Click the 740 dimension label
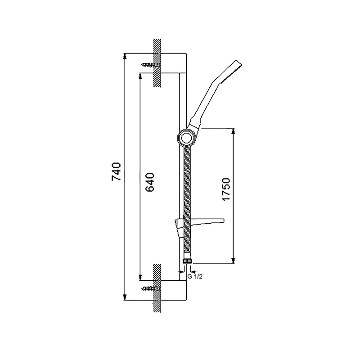pyautogui.click(x=116, y=171)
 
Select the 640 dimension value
pyautogui.click(x=150, y=182)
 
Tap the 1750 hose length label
pyautogui.click(x=226, y=189)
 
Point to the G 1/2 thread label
pyautogui.click(x=195, y=277)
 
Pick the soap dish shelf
pyautogui.click(x=199, y=226)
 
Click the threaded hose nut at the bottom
pyautogui.click(x=188, y=261)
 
